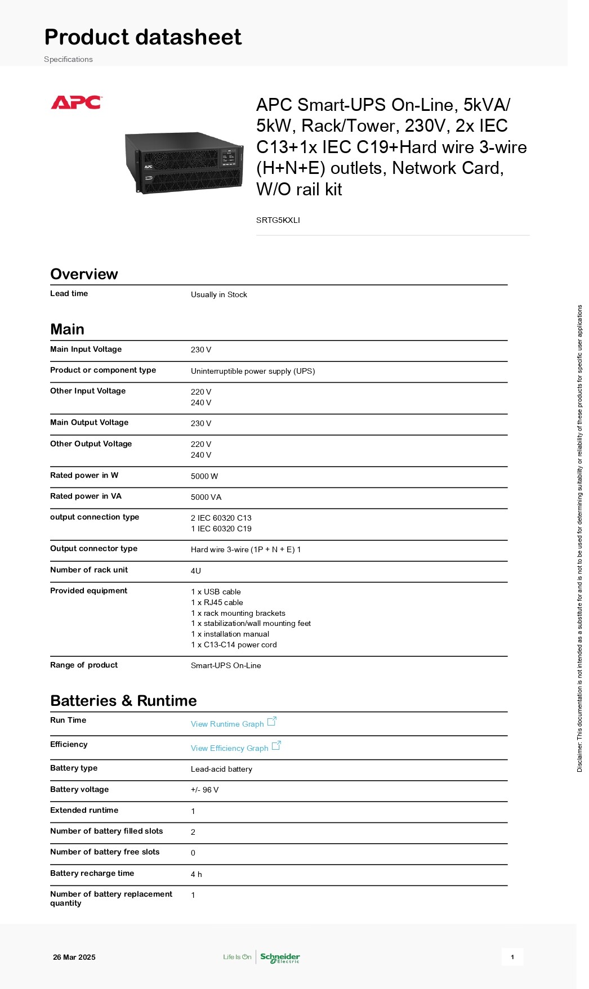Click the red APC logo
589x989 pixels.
[x=76, y=102]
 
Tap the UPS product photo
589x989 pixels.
[x=184, y=163]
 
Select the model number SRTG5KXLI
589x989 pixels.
[x=278, y=220]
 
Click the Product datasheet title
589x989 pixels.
[x=143, y=37]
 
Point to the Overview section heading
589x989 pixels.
[x=84, y=274]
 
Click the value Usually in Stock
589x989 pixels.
[x=218, y=294]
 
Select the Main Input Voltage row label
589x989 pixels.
[x=86, y=349]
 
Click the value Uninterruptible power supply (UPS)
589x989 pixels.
[x=253, y=371]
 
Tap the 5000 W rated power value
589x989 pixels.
[x=204, y=476]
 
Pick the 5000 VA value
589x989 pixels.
[x=206, y=497]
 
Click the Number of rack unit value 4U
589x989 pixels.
[x=195, y=571]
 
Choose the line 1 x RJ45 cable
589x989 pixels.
[x=217, y=602]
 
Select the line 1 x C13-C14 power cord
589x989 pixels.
[x=234, y=645]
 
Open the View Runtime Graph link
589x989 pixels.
[x=227, y=724]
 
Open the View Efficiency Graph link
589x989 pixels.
[x=230, y=748]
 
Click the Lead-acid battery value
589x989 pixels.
[x=221, y=769]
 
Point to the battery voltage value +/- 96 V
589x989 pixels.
[x=204, y=790]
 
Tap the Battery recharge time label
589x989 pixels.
[x=92, y=873]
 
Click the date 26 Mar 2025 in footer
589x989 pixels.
[x=74, y=957]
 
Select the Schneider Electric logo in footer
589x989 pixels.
[x=280, y=957]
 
